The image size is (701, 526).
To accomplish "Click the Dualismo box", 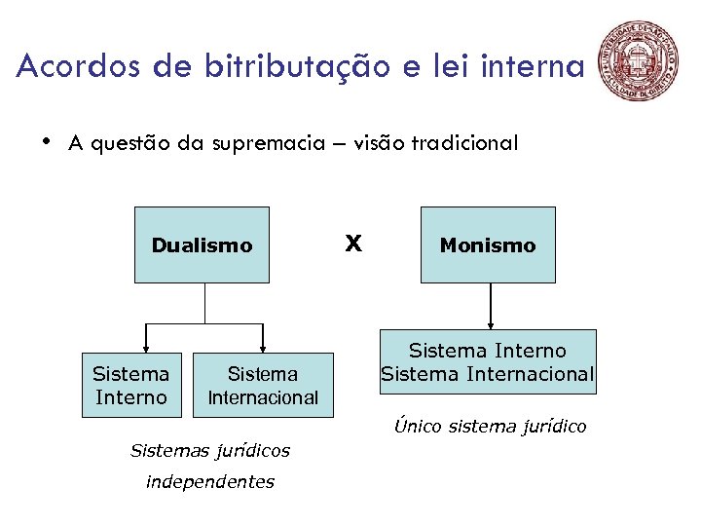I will pos(202,245).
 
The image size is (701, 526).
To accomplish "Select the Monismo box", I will pos(487,245).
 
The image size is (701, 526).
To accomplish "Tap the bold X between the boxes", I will pos(354,243).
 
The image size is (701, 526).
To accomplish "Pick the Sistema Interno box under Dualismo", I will pos(130,385).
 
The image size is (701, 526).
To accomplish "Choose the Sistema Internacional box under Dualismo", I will pos(263,385).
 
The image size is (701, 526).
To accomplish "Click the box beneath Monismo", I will pos(487,361).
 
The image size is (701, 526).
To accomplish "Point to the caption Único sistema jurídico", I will pos(490,427).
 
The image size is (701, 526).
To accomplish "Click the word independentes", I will pos(209,481).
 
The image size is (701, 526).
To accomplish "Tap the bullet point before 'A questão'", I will pos(46,142).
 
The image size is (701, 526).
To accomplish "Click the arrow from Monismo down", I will pos(490,306).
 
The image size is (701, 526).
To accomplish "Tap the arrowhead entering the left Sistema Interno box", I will pos(146,346).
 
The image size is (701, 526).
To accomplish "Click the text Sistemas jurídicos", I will pos(209,450).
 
